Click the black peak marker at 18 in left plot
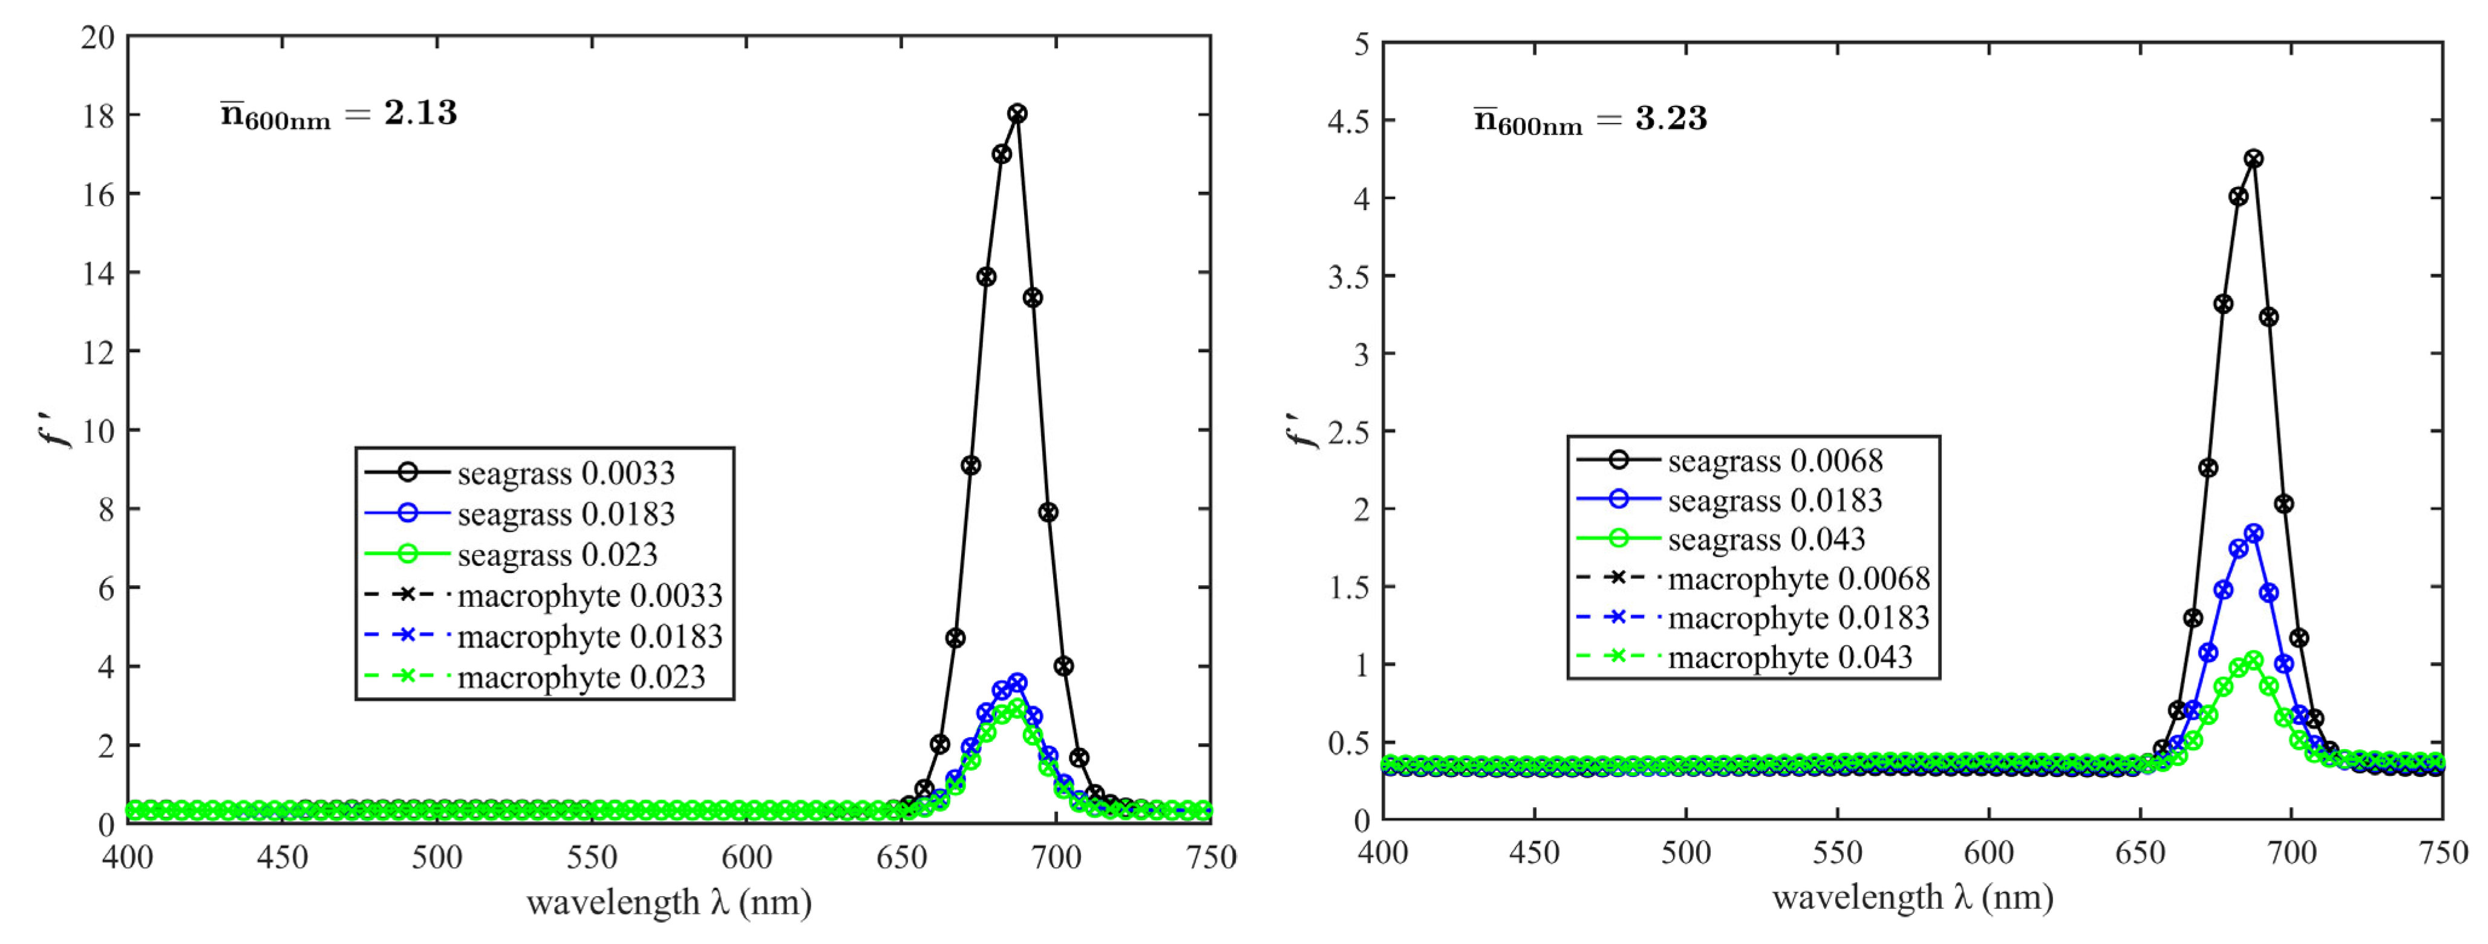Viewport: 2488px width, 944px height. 1017,114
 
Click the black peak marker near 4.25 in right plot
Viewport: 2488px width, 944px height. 2253,159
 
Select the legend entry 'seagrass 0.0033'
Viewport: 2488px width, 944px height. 565,473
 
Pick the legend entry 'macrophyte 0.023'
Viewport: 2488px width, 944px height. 581,677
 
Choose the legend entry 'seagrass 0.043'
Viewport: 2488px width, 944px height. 1766,539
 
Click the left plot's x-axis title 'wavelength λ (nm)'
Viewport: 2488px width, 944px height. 668,902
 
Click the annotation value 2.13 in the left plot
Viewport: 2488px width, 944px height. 420,113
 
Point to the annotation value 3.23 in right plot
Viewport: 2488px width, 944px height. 1671,119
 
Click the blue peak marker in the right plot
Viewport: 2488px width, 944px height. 2253,533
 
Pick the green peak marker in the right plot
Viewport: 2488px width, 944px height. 2253,661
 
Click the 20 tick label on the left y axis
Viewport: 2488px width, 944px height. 97,38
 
